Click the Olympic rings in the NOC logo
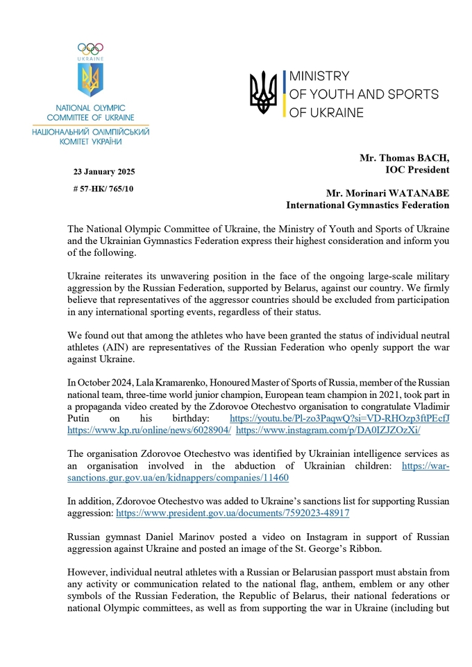[90, 49]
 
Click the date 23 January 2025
[104, 171]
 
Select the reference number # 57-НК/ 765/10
[104, 188]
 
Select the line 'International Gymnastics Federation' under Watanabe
[368, 205]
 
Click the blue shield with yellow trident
[90, 81]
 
